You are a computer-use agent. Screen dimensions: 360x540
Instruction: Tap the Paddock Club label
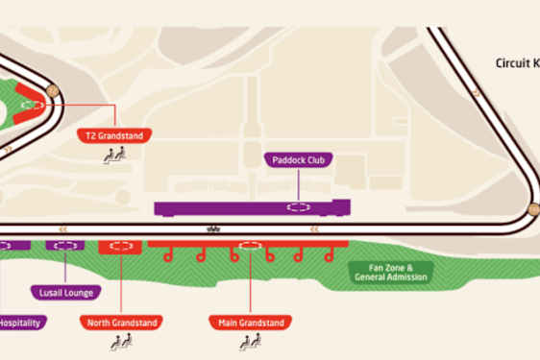299,160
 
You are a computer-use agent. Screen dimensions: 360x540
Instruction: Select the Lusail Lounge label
65,292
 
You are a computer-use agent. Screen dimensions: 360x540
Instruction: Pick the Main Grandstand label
250,323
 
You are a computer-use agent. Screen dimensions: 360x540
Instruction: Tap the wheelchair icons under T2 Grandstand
114,153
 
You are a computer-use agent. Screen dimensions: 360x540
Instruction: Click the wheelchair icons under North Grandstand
121,340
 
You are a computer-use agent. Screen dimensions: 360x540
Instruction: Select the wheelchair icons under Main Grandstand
250,340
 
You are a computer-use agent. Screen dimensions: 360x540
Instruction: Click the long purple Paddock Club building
252,207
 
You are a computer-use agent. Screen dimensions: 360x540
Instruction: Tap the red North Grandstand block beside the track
121,247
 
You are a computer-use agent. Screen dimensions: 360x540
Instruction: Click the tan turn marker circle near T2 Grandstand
52,92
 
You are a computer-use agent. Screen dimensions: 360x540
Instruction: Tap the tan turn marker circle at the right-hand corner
532,208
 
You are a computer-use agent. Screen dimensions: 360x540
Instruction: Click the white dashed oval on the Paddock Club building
299,206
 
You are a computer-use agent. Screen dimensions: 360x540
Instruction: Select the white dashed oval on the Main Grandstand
251,246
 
